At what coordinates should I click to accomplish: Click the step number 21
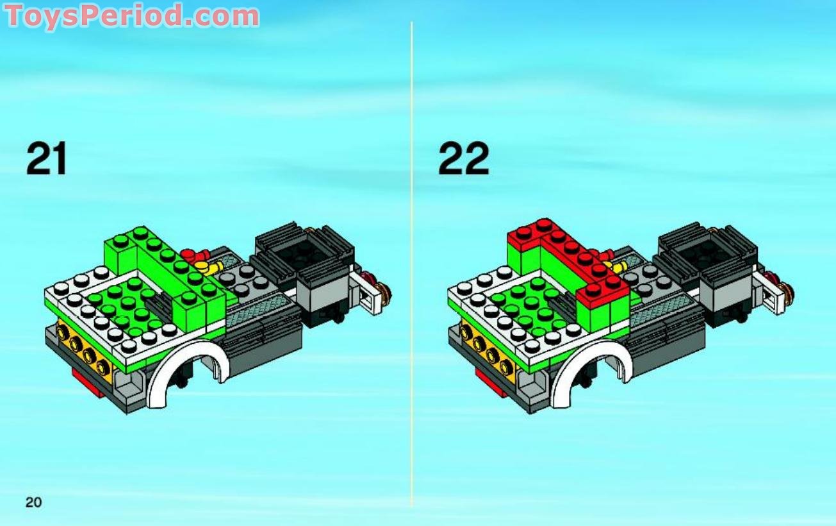coord(47,159)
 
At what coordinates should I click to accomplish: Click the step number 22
coord(464,159)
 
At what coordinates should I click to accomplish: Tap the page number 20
coord(33,502)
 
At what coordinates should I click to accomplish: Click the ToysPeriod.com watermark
coord(132,15)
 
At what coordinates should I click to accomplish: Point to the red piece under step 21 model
coord(86,384)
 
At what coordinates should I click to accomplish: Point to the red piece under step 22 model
coord(490,384)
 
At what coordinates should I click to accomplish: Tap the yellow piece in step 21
coord(208,266)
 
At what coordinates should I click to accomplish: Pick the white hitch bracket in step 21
coord(367,293)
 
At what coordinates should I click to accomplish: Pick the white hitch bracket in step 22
coord(770,293)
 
